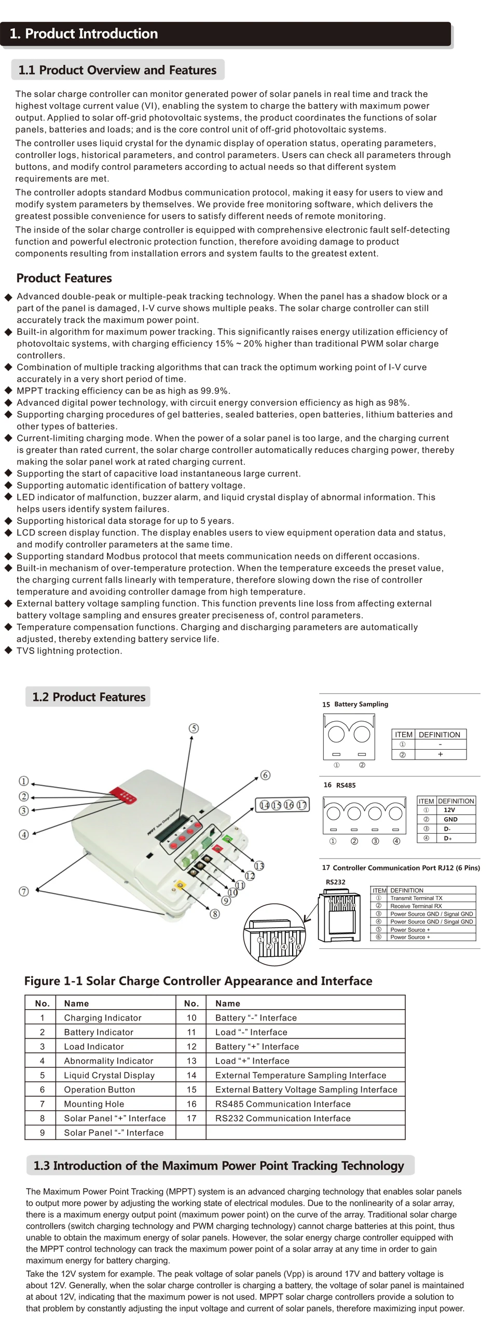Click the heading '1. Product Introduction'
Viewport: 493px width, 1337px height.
[84, 34]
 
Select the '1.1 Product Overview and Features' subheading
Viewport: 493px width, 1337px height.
[117, 70]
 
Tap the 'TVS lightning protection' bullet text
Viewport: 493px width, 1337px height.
[69, 650]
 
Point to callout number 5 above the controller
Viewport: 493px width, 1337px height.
[194, 728]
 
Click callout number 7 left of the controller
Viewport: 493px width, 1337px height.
[23, 891]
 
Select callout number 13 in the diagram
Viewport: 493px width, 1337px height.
[259, 866]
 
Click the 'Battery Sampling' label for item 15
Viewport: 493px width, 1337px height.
[361, 705]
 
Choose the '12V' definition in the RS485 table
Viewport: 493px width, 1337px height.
[449, 810]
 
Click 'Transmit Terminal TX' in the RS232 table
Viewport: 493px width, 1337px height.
[416, 898]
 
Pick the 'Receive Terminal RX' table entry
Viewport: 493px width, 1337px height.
[416, 906]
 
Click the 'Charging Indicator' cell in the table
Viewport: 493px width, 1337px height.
[103, 1018]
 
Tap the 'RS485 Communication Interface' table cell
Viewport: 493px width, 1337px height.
[283, 1104]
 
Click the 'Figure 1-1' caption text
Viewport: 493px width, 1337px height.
[198, 981]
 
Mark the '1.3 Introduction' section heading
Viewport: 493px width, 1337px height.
[218, 1165]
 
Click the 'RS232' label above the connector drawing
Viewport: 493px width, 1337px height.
[335, 882]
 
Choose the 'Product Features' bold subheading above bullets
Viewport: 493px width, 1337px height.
[64, 278]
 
